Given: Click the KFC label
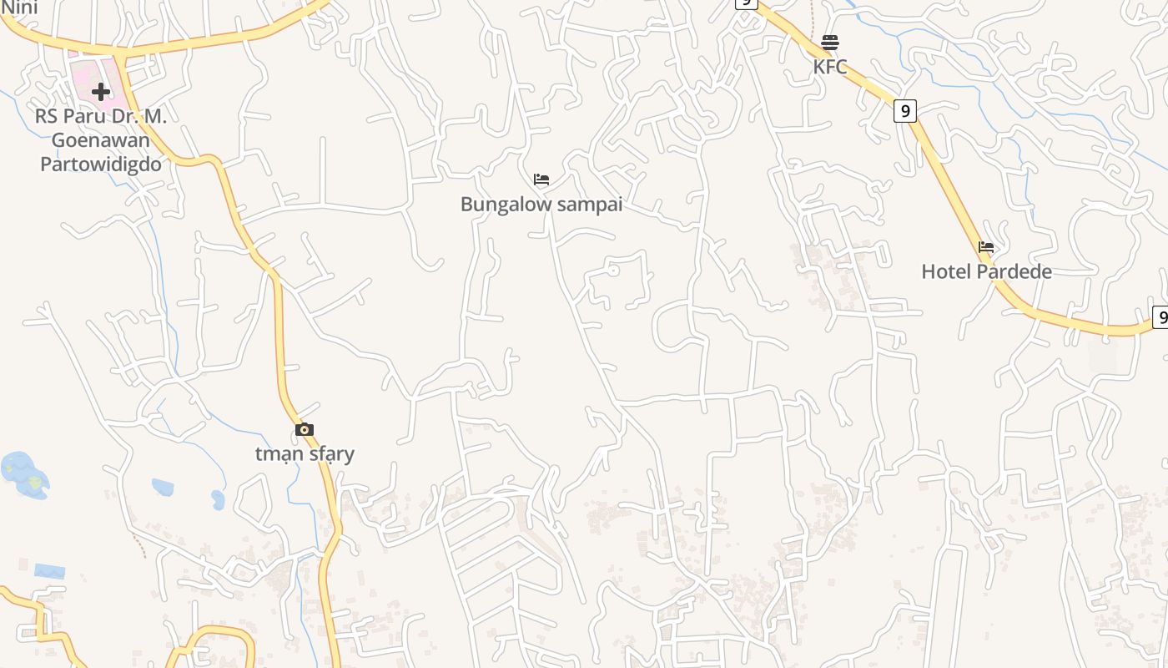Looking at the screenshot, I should (830, 67).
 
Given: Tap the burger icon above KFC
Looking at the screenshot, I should (830, 42).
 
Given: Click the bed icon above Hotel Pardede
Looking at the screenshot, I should (986, 247).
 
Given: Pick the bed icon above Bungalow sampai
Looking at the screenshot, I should (541, 180).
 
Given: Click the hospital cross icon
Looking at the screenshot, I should (101, 92).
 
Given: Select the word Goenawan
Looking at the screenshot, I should (101, 140).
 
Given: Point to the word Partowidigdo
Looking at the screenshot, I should (101, 164).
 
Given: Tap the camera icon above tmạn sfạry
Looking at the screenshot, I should (305, 429).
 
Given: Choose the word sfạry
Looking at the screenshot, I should (332, 454).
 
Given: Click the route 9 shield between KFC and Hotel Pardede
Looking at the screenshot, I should (905, 110).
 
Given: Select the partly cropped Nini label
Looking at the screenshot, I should (19, 8).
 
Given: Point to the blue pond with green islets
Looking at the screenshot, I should (25, 475).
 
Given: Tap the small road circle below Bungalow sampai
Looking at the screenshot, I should (614, 271).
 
